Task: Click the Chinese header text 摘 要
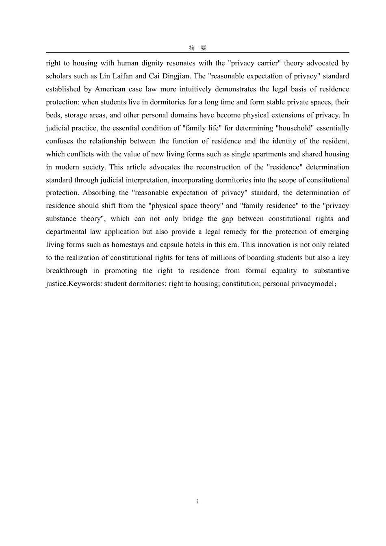[x=197, y=48]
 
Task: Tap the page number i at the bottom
[x=197, y=502]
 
